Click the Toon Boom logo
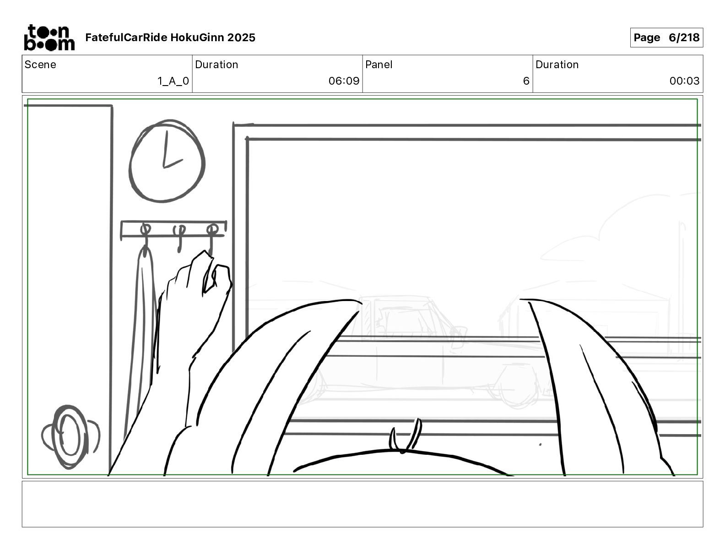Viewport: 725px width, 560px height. (x=49, y=38)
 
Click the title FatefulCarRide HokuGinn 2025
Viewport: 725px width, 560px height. (x=170, y=38)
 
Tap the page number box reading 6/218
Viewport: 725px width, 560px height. (x=666, y=38)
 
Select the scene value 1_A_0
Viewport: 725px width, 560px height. (x=173, y=81)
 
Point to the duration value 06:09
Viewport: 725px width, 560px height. (x=344, y=81)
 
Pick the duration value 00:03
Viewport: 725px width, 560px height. (x=684, y=81)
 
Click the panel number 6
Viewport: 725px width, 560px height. (x=526, y=81)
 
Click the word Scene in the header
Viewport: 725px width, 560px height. (x=40, y=65)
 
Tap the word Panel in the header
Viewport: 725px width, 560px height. (x=379, y=65)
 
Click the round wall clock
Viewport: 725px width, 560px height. (x=167, y=161)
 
